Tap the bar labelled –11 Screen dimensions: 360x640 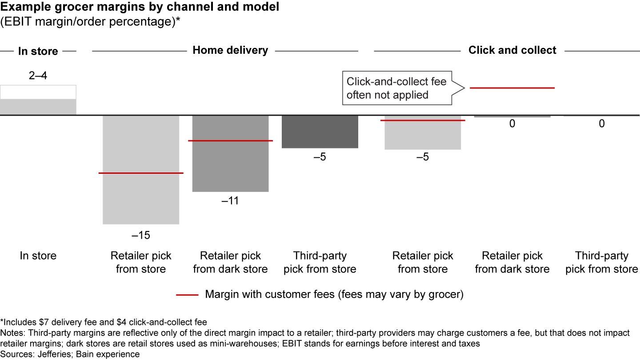point(230,169)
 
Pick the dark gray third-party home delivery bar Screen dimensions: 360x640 point(320,132)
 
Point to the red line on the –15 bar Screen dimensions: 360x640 point(141,173)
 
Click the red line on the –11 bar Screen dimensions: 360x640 point(230,140)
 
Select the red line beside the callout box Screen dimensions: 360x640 point(512,88)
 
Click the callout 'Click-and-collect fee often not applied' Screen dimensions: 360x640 point(396,88)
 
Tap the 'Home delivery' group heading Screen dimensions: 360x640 point(230,50)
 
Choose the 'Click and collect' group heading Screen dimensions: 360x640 point(512,50)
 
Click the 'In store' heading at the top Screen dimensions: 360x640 point(38,51)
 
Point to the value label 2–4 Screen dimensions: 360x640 point(38,76)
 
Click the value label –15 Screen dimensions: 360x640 point(141,235)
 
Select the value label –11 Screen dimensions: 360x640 point(230,201)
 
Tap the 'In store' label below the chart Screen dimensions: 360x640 point(38,256)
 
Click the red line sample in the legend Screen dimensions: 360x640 point(187,295)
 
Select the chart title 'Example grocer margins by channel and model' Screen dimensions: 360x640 point(140,8)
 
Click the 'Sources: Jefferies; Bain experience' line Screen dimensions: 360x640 point(70,354)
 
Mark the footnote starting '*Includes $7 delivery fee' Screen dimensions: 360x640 point(104,322)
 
